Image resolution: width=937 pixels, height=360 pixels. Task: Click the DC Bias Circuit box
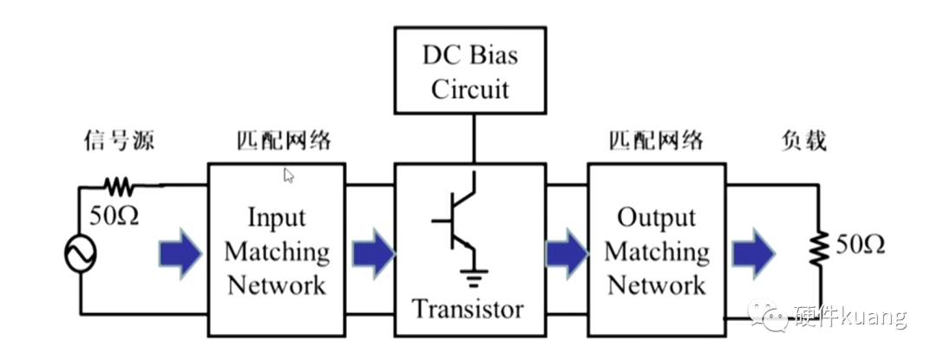click(470, 69)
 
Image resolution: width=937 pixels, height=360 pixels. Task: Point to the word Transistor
click(468, 308)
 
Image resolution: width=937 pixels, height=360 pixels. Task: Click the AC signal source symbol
click(81, 253)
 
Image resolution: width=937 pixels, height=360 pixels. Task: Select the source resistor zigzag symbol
click(117, 185)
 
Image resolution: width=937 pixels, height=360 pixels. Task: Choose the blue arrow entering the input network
click(180, 253)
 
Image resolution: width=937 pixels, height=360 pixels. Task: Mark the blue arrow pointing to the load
click(751, 253)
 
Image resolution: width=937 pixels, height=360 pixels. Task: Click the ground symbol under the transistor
click(473, 279)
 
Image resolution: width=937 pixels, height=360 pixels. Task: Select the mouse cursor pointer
click(289, 175)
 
